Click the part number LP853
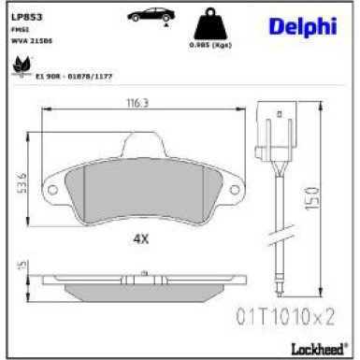(25, 16)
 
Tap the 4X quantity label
(141, 238)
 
